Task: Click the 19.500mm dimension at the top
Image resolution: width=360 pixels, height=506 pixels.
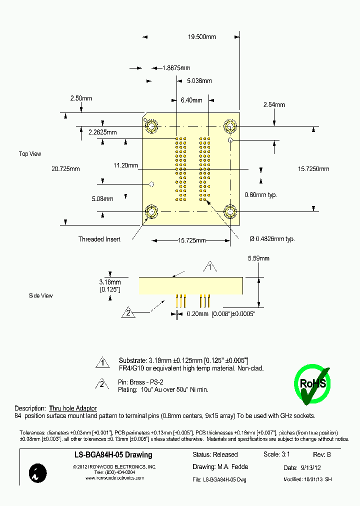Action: coord(201,37)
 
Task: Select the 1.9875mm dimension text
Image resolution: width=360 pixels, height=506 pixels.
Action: coord(176,68)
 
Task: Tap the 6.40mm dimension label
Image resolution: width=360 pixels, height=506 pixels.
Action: coord(190,100)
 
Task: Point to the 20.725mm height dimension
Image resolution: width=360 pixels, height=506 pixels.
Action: coord(65,169)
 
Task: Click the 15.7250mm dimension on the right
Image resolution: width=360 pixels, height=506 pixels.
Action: coord(313,169)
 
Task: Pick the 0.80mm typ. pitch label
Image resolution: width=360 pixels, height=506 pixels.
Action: coord(260,194)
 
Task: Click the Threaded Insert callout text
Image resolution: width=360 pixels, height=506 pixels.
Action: coord(99,239)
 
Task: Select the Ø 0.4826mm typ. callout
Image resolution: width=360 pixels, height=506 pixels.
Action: coord(272,239)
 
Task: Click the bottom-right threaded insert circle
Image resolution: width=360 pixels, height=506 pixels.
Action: coord(230,212)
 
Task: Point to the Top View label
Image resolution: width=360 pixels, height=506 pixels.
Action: coord(30,154)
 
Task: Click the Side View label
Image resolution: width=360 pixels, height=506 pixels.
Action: coord(40,296)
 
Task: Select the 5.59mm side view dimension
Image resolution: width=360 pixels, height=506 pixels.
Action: coord(258,258)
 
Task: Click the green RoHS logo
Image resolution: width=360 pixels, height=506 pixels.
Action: coord(312,383)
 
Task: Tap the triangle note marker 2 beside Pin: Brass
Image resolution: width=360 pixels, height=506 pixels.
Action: coord(102,384)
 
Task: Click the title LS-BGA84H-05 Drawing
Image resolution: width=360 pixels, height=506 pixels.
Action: coord(109,455)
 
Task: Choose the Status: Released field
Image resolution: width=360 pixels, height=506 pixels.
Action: coord(215,455)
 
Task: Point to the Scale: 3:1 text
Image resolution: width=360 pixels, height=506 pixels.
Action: coord(276,454)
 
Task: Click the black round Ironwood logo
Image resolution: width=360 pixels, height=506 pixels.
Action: coord(38,473)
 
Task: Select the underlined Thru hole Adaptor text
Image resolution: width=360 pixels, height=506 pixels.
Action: coord(73,408)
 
